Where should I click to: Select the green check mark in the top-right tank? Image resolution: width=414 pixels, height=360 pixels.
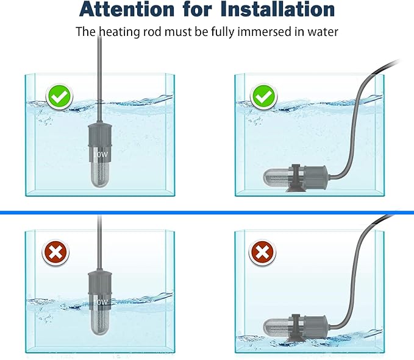pyautogui.click(x=264, y=96)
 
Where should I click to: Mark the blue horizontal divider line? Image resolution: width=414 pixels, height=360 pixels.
pyautogui.click(x=207, y=212)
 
